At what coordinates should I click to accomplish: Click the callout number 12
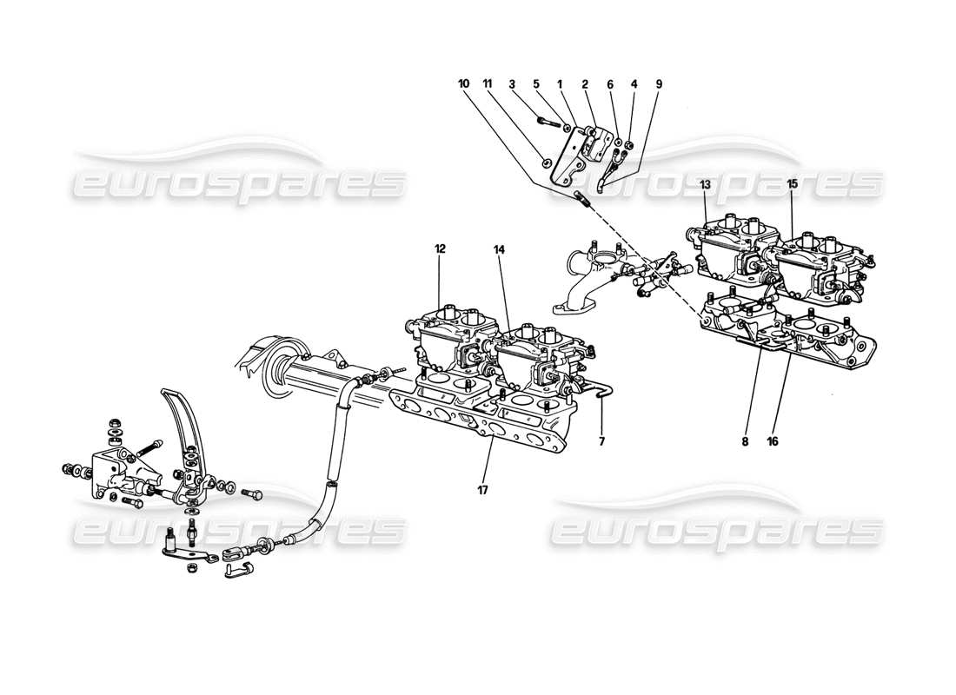coord(440,248)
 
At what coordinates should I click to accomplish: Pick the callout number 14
coord(499,248)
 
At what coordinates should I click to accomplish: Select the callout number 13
coord(705,184)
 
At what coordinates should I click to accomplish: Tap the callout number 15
coord(792,184)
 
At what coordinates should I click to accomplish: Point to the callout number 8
coord(745,441)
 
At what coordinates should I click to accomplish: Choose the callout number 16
coord(773,441)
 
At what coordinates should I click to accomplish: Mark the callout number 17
coord(482,490)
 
